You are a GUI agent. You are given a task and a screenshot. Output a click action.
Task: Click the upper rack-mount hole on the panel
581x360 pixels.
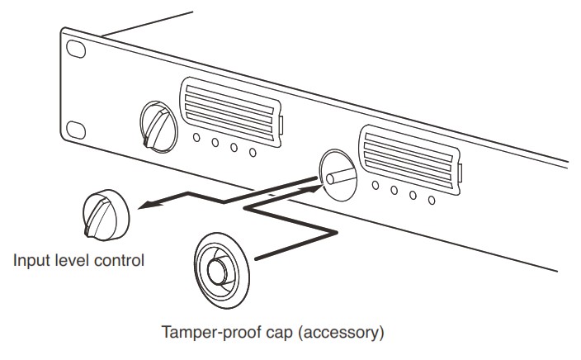point(76,51)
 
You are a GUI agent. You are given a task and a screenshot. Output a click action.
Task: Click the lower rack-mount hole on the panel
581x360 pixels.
point(76,130)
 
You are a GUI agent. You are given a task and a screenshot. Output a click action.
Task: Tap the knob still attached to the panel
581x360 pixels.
point(158,123)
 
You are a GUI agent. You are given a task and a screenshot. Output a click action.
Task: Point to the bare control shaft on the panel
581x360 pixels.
point(336,175)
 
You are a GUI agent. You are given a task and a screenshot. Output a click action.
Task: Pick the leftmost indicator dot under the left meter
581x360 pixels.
point(198,137)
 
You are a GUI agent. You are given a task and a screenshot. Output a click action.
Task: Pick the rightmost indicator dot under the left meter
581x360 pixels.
point(253,152)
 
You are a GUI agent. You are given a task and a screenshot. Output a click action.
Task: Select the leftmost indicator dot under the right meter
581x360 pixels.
point(376,185)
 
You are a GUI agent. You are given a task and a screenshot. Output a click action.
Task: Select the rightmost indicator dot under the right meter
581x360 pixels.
point(432,200)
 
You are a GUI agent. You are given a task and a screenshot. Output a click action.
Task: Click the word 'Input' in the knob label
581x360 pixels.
point(31,261)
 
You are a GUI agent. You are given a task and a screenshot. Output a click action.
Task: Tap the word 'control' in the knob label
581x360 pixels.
point(123,261)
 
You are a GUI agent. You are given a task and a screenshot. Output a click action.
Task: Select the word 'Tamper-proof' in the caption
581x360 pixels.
point(204,334)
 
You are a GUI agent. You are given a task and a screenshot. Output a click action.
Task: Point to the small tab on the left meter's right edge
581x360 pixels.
point(281,125)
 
